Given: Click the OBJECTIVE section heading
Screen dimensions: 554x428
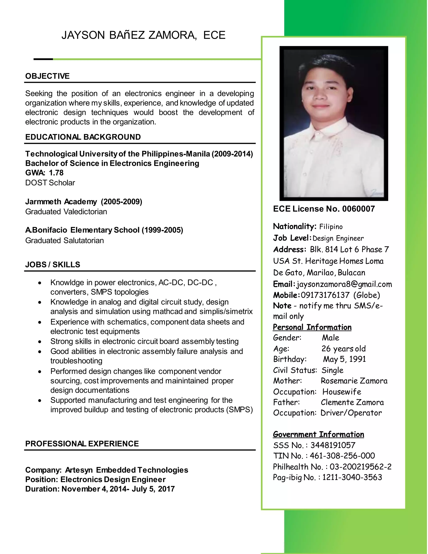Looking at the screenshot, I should click(47, 76).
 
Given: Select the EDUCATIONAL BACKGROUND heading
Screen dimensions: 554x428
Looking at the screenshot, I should click(83, 137).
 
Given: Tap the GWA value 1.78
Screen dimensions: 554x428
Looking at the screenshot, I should click(56, 173).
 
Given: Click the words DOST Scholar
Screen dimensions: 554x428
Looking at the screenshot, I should click(50, 183).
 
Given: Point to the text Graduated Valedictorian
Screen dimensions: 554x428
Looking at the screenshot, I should click(66, 212).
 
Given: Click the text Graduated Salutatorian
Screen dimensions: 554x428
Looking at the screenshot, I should click(64, 240).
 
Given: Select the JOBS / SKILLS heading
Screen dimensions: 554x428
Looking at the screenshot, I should click(52, 265).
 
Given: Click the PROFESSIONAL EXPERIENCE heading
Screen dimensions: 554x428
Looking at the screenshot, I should click(82, 444).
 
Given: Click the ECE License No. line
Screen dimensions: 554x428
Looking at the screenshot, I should click(324, 209).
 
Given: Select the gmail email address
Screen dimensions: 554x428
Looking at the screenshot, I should click(344, 284).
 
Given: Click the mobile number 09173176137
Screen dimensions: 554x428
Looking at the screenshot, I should click(325, 295).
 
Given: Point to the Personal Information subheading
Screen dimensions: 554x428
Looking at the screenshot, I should click(312, 327).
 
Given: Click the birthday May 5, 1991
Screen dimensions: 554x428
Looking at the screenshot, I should click(344, 359).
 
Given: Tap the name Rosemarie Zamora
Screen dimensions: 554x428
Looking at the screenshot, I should click(354, 381).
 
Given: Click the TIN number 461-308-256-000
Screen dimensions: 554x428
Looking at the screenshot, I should click(342, 456).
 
